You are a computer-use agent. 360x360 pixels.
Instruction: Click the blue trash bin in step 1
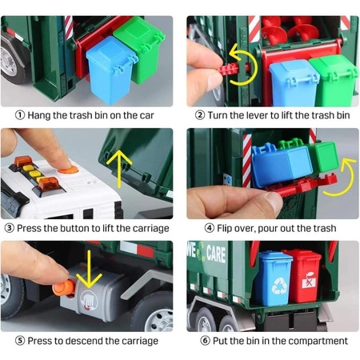(x=110, y=70)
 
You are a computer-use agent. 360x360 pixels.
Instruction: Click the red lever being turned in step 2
(x=229, y=70)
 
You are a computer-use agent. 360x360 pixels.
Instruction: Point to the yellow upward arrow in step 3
(x=119, y=169)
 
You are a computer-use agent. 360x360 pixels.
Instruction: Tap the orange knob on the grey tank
(x=64, y=287)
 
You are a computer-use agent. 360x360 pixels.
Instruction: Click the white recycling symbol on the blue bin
(x=279, y=286)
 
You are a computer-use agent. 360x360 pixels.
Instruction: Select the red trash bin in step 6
(x=303, y=276)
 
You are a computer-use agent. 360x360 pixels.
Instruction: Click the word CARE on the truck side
(x=216, y=254)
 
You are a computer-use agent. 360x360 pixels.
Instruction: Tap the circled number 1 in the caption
(x=20, y=115)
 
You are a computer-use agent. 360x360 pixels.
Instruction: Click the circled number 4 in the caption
(x=210, y=228)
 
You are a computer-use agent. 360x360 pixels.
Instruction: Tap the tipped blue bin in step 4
(x=282, y=165)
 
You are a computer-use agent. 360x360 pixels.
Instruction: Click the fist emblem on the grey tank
(x=89, y=301)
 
